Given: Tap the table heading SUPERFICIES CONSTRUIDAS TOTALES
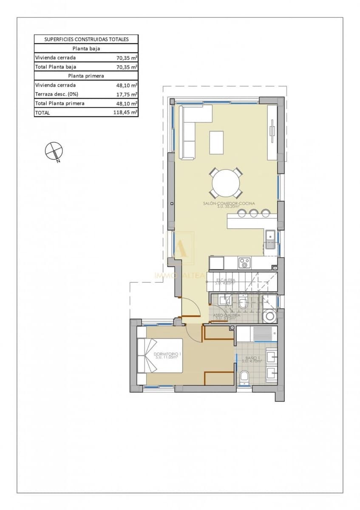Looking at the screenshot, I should click(x=86, y=39).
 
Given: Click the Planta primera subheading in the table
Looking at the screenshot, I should click(x=86, y=76).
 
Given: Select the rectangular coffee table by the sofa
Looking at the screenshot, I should click(x=217, y=142).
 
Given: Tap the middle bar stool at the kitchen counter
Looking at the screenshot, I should click(x=254, y=213).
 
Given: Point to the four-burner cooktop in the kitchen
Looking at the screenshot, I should click(x=244, y=263).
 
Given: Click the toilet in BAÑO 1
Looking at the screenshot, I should click(x=244, y=377).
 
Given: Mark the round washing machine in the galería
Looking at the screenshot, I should click(x=269, y=316).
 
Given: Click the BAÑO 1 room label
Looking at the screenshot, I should click(x=249, y=359).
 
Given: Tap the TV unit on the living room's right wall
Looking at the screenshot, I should click(x=272, y=132).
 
